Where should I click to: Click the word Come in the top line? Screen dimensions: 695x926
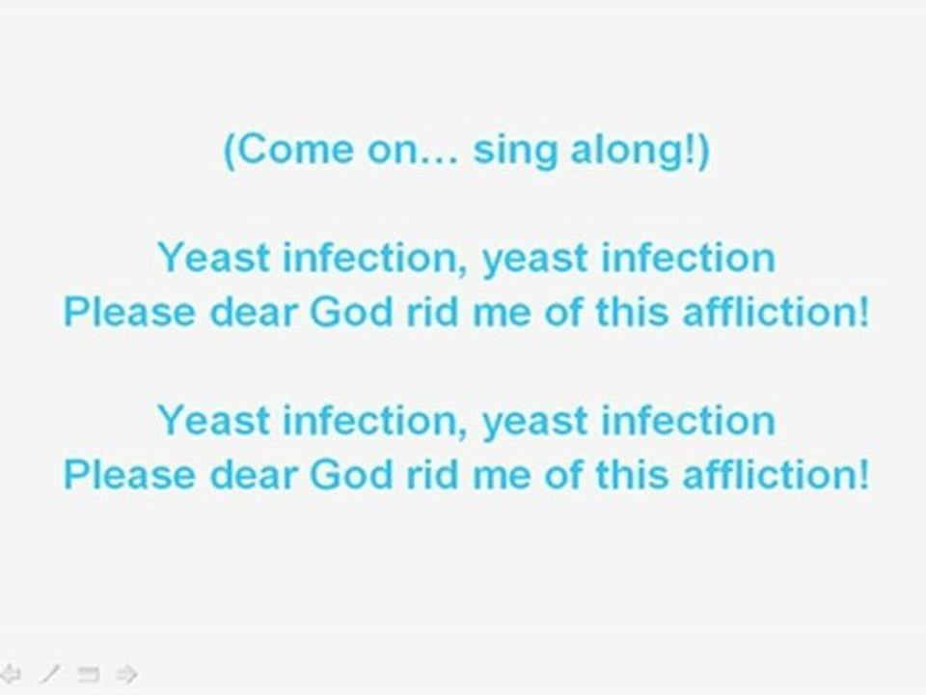pyautogui.click(x=287, y=153)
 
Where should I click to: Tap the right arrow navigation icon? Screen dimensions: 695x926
pyautogui.click(x=126, y=673)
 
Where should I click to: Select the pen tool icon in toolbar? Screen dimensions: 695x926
pyautogui.click(x=51, y=673)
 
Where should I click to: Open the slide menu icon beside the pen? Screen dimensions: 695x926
pyautogui.click(x=89, y=673)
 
